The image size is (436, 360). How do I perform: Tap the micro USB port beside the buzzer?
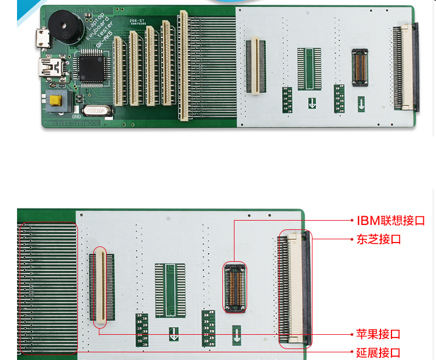point(42,39)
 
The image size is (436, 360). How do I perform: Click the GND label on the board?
point(76,116)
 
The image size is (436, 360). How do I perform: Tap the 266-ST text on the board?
point(137,20)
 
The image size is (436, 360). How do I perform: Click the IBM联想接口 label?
point(390,221)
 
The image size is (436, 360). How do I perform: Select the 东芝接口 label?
point(378,240)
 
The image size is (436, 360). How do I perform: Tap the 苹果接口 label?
point(378,334)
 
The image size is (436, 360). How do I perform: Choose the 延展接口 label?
point(378,352)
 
